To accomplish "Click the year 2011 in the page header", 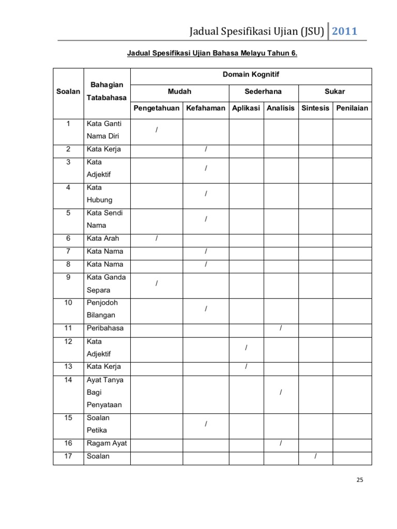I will point(344,30).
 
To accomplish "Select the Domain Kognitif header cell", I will point(251,75).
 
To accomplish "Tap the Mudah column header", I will point(179,91).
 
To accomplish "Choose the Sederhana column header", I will point(264,91).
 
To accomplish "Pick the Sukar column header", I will point(334,91).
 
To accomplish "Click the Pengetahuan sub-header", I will point(157,108).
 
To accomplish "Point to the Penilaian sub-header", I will point(352,108).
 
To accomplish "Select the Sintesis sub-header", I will point(315,108).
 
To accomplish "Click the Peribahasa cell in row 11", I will point(105,328).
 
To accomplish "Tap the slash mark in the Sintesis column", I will point(315,456).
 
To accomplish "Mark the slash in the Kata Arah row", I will point(156,238).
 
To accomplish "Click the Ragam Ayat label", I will point(106,443).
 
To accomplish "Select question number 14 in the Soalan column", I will point(68,380).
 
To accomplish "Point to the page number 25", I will point(360,480).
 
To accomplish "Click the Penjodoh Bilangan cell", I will point(101,308).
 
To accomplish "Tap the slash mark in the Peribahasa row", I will point(281,328).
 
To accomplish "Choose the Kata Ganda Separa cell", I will point(106,283).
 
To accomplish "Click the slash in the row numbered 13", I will point(247,367).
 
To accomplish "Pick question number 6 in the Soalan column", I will point(68,238).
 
